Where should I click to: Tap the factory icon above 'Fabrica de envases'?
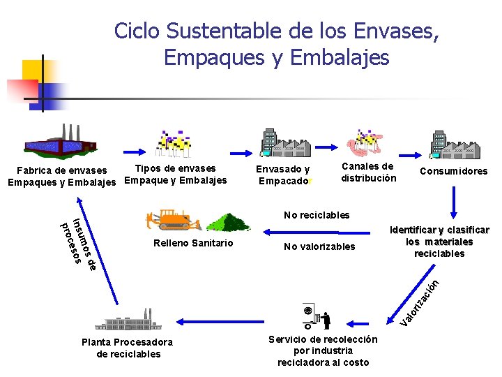[61, 142]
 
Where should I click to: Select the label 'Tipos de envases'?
[175, 168]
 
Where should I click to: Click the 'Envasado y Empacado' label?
[284, 175]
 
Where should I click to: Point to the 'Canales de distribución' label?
[368, 172]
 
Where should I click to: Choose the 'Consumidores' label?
[453, 171]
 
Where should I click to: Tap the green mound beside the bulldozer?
[228, 222]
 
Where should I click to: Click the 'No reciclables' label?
[317, 215]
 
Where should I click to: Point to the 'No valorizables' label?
[319, 246]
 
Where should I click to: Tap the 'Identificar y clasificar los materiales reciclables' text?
[439, 242]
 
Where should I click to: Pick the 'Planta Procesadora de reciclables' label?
[127, 348]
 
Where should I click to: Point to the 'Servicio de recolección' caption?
[323, 350]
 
